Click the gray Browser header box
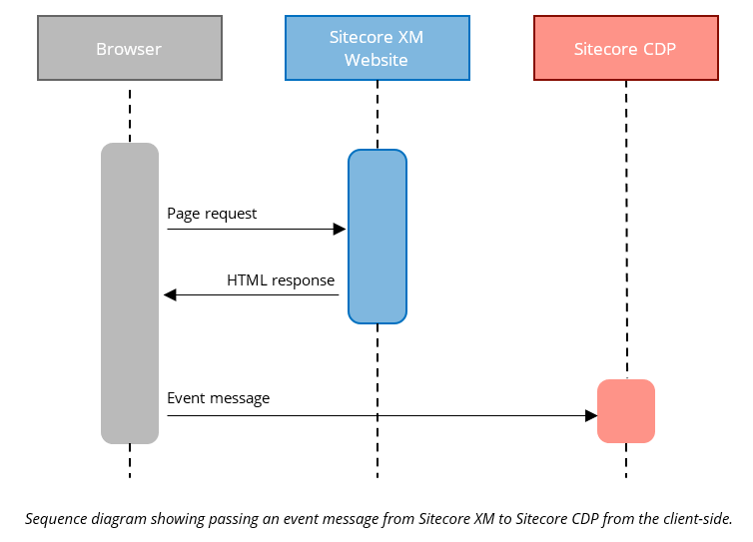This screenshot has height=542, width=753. [x=130, y=48]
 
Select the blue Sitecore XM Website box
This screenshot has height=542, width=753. [x=376, y=48]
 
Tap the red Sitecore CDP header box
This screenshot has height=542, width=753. [x=625, y=48]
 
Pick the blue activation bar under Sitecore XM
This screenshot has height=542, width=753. [x=376, y=236]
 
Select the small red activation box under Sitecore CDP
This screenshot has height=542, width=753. [x=626, y=410]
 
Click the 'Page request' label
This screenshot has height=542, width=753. [x=212, y=214]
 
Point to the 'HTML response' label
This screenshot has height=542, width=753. [x=281, y=280]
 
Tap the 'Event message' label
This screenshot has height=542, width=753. [x=218, y=398]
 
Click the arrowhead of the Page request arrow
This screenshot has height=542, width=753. [x=340, y=230]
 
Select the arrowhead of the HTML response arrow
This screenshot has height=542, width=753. [x=170, y=294]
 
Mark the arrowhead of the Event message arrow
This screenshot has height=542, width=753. [x=590, y=415]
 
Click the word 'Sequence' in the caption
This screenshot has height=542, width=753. [x=56, y=518]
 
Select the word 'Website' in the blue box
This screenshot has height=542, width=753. [x=376, y=60]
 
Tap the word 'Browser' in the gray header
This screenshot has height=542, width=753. [x=129, y=49]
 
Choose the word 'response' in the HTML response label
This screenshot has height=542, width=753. [x=303, y=280]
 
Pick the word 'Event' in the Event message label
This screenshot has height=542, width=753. [x=186, y=398]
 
